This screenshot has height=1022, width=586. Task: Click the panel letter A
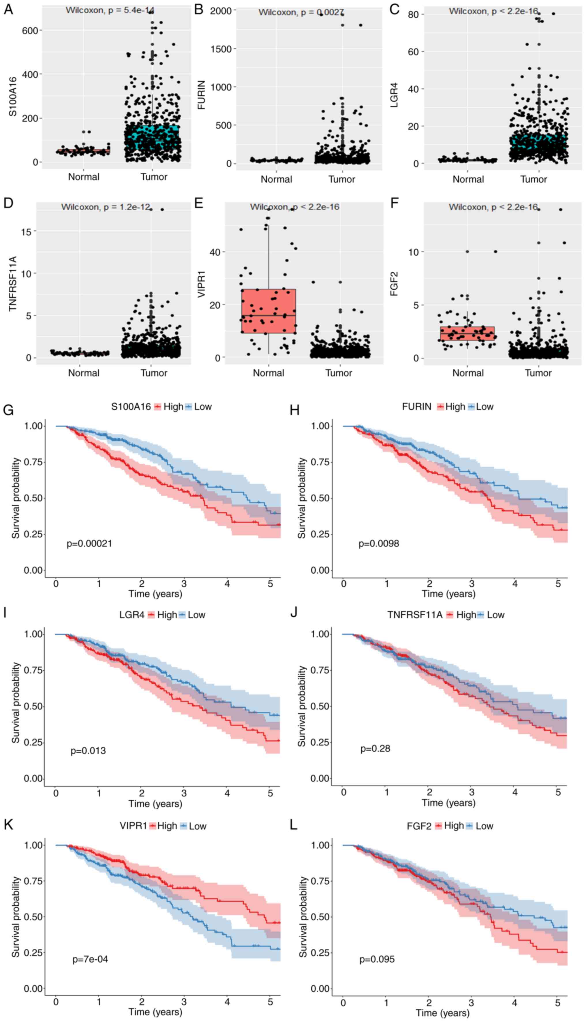click(x=8, y=9)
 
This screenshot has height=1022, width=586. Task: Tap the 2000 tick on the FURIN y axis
click(x=221, y=11)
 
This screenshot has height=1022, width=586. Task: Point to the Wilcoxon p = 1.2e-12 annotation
click(x=106, y=207)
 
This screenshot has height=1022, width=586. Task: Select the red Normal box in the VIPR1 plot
click(x=268, y=311)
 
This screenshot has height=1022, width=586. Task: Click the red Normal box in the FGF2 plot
click(x=467, y=333)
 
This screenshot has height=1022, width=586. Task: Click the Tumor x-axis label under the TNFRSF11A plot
click(x=154, y=373)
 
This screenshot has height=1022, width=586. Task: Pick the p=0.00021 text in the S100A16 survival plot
click(x=89, y=543)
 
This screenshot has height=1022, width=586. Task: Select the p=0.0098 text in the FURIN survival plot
click(x=379, y=543)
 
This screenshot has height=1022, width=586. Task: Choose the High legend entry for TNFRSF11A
click(x=466, y=626)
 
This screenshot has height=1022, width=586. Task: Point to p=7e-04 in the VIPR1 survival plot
click(x=90, y=959)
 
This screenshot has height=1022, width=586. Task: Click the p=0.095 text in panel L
click(x=377, y=959)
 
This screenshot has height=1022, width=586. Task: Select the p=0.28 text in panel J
click(x=375, y=749)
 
